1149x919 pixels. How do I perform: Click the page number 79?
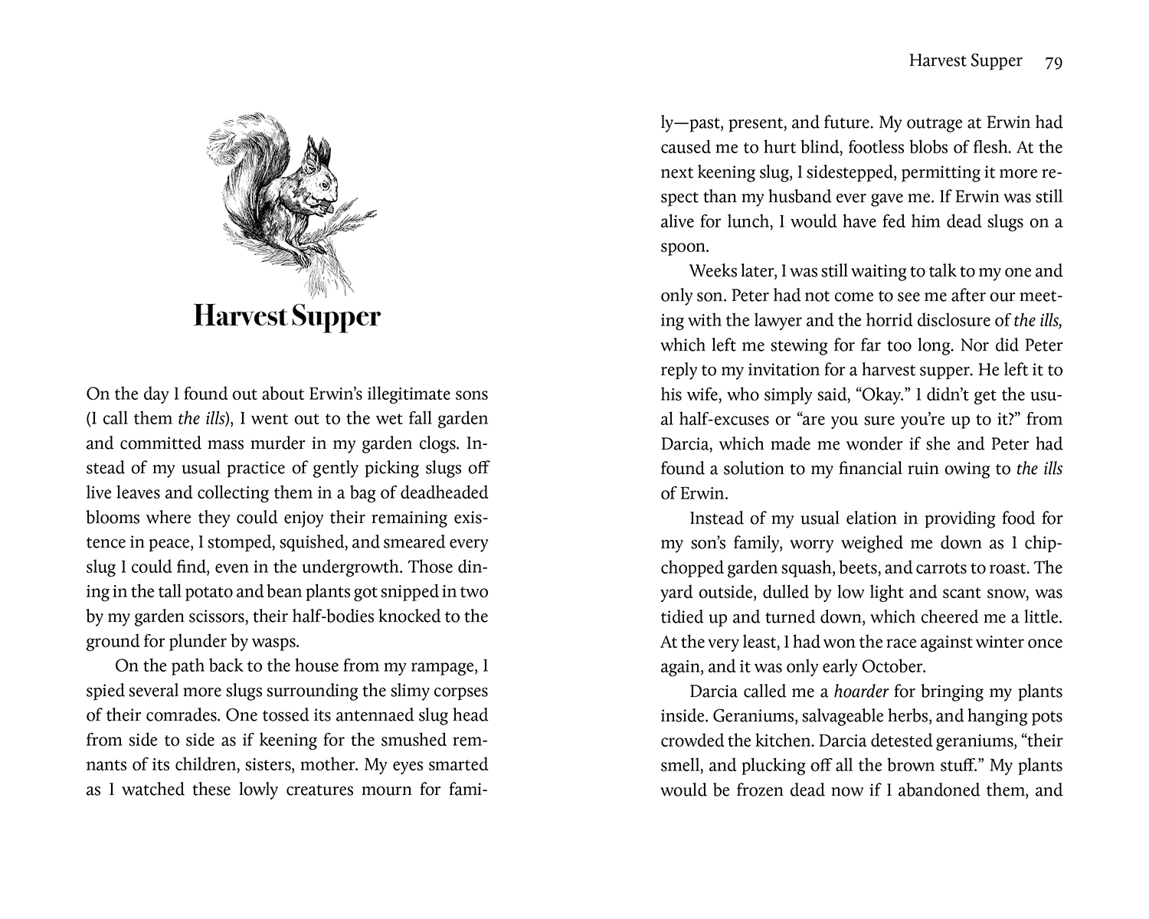pyautogui.click(x=1052, y=62)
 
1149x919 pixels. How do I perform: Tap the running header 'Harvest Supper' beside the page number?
pyautogui.click(x=965, y=61)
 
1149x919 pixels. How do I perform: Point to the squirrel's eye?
pyautogui.click(x=324, y=184)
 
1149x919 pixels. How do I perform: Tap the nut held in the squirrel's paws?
pyautogui.click(x=327, y=205)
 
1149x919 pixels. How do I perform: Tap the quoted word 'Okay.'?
pyautogui.click(x=881, y=394)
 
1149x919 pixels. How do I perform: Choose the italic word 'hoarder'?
pyautogui.click(x=861, y=692)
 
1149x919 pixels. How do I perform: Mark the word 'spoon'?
pyautogui.click(x=683, y=247)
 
